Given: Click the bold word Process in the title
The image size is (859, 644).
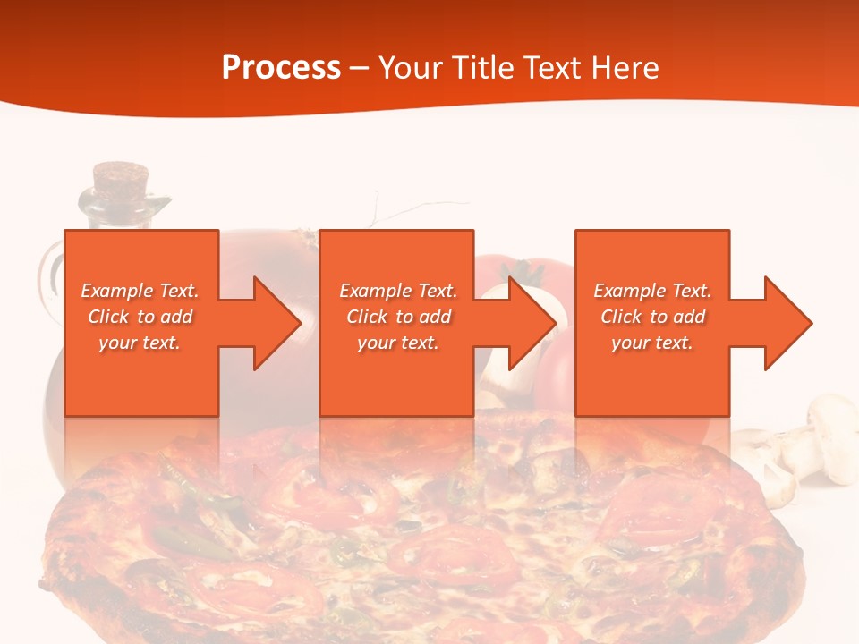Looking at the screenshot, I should [x=281, y=68].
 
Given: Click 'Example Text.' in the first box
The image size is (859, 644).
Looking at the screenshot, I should [x=140, y=291].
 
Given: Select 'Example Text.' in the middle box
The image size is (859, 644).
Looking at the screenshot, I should [x=398, y=291].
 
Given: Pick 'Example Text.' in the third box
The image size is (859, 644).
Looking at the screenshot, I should [x=652, y=291].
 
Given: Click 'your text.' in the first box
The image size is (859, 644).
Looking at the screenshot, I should [x=140, y=343].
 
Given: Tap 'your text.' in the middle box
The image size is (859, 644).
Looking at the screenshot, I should [x=398, y=343].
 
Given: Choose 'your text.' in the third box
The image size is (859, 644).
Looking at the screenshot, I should [x=652, y=343].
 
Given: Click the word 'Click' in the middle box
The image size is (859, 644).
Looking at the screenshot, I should [x=366, y=317].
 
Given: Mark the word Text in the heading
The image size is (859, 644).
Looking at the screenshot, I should [x=552, y=68].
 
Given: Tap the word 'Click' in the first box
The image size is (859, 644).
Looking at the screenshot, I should [x=108, y=317].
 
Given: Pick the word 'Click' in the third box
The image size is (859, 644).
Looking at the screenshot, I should [x=621, y=317].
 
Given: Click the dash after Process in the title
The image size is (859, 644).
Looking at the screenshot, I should [x=360, y=68].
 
